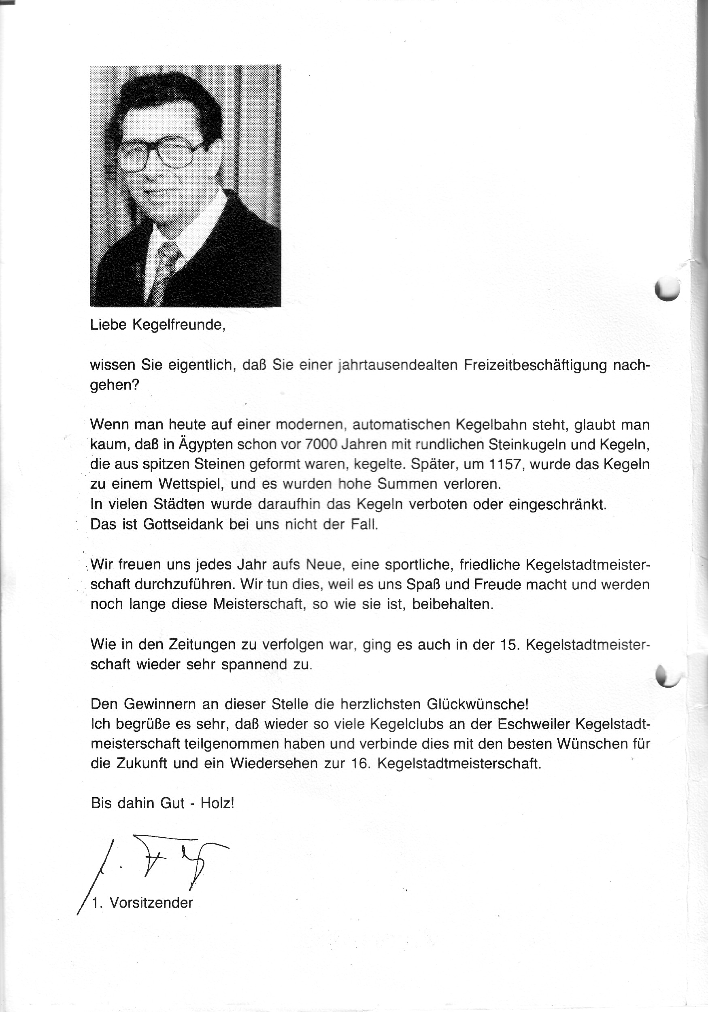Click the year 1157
coord(505,464)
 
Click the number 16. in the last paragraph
coord(359,763)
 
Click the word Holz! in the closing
coord(217,802)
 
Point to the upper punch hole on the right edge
coord(668,288)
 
